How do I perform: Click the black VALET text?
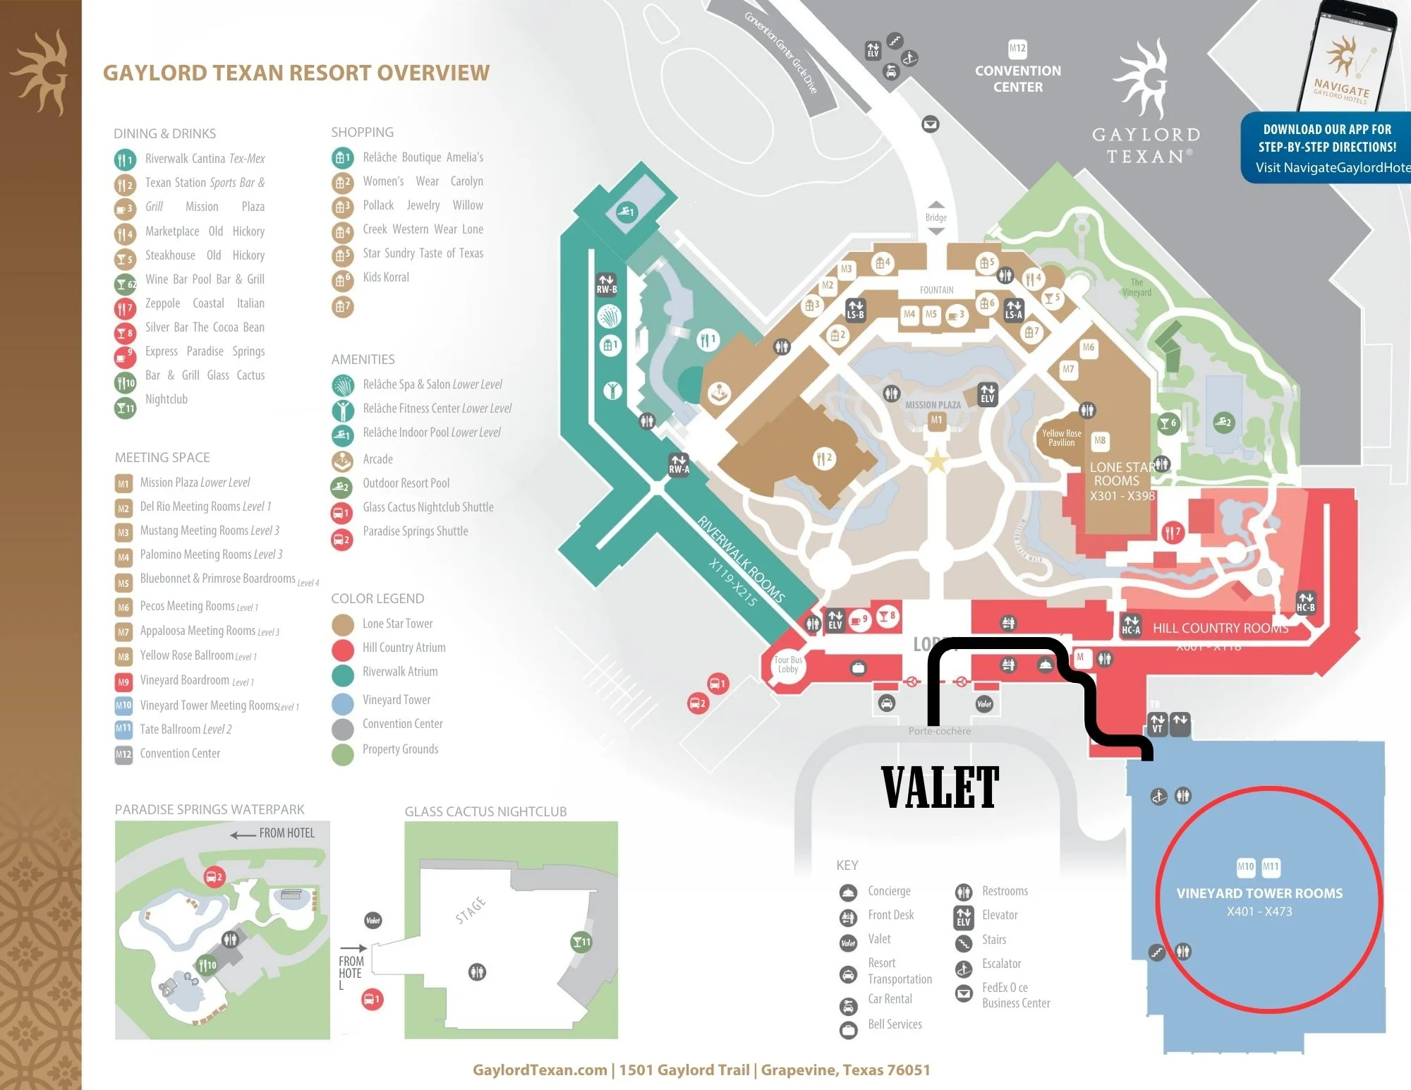pyautogui.click(x=940, y=787)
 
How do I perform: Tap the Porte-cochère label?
pyautogui.click(x=939, y=731)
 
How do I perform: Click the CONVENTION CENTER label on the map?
pyautogui.click(x=1017, y=78)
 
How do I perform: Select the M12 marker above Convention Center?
pyautogui.click(x=1017, y=49)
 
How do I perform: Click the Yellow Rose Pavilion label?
pyautogui.click(x=1061, y=438)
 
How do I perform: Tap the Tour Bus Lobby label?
pyautogui.click(x=787, y=665)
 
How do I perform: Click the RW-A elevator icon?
pyautogui.click(x=679, y=464)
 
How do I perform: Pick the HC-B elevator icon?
pyautogui.click(x=1305, y=602)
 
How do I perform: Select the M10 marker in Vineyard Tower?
pyautogui.click(x=1246, y=866)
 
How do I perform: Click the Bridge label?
pyautogui.click(x=935, y=217)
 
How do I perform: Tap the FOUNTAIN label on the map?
pyautogui.click(x=936, y=290)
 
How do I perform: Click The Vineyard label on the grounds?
pyautogui.click(x=1136, y=287)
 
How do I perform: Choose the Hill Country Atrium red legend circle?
pyautogui.click(x=343, y=648)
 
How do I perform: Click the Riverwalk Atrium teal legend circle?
pyautogui.click(x=343, y=673)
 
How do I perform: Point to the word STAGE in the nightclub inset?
pyautogui.click(x=471, y=910)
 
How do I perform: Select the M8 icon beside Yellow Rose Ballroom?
pyautogui.click(x=123, y=657)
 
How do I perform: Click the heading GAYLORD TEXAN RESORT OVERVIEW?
pyautogui.click(x=296, y=73)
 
